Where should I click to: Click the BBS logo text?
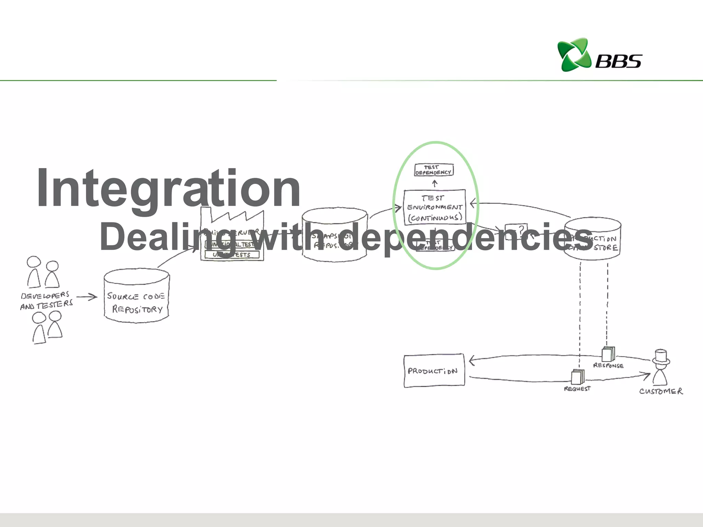click(x=618, y=61)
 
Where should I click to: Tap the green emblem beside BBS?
click(x=574, y=55)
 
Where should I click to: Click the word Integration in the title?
click(x=168, y=188)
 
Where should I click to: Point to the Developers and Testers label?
click(x=46, y=301)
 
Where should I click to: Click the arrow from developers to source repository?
click(x=87, y=297)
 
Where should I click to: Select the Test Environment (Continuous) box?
click(x=435, y=207)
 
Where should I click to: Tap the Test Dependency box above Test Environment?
click(x=434, y=170)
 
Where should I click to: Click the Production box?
click(x=434, y=371)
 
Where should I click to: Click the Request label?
click(x=577, y=389)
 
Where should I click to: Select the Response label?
click(x=608, y=366)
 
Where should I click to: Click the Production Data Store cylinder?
click(x=593, y=239)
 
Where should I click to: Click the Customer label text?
click(x=661, y=391)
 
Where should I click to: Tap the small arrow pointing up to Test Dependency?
click(x=435, y=184)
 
